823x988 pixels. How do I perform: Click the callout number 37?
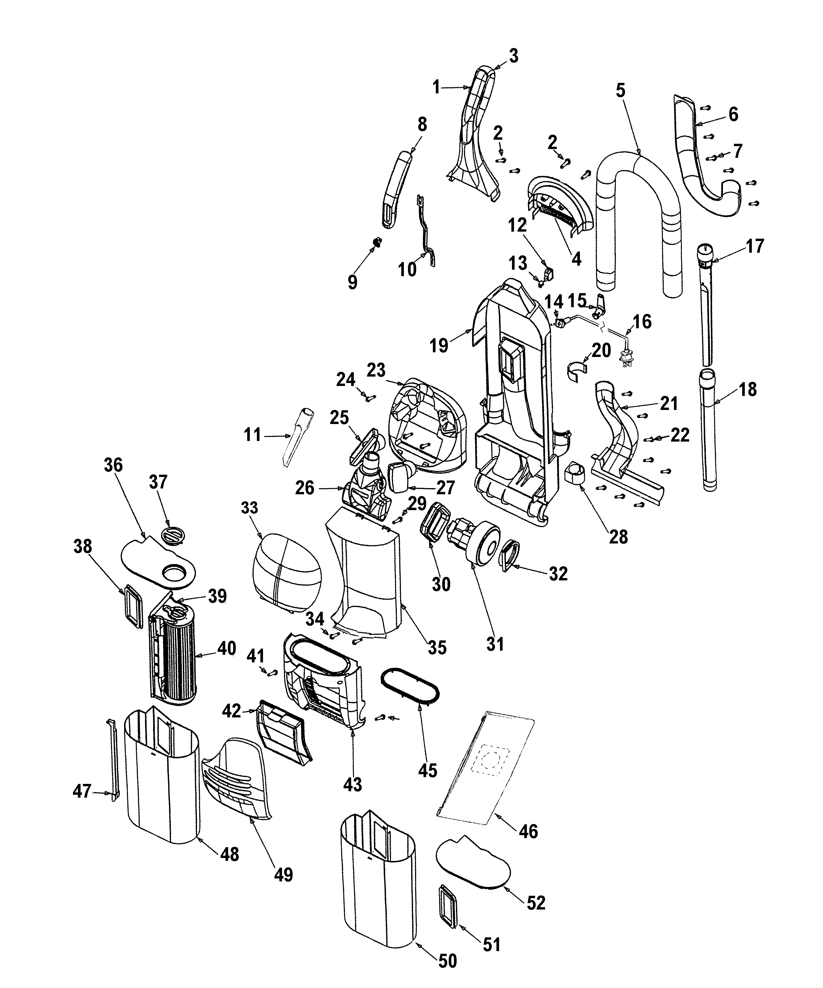[158, 482]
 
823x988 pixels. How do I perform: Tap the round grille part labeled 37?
[173, 535]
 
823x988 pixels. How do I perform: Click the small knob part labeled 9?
[377, 242]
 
